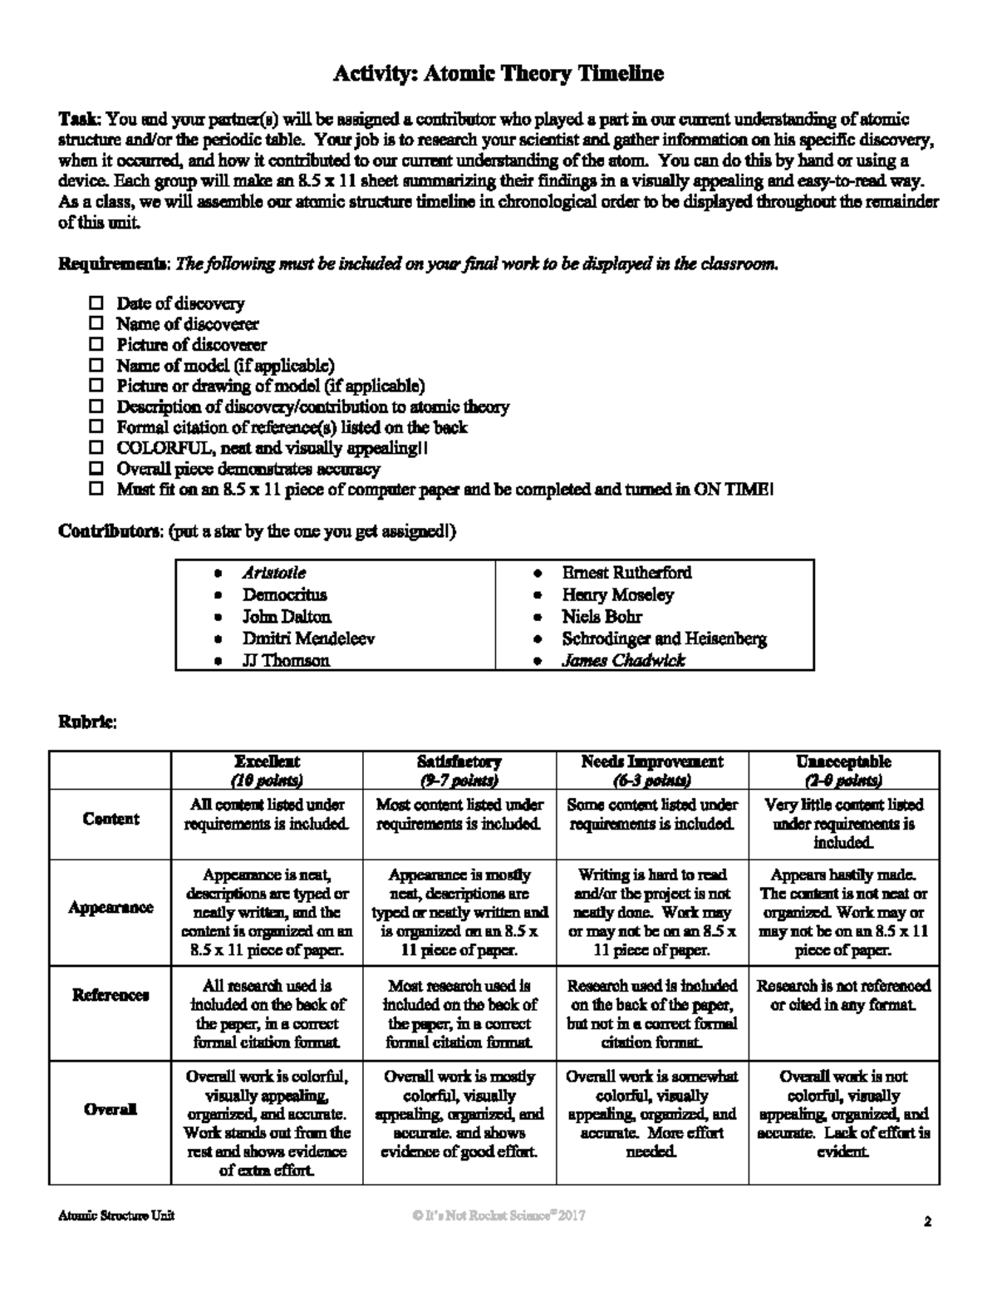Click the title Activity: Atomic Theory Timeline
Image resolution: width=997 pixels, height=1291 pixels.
point(498,74)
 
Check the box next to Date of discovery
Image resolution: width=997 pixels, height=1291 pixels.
point(96,303)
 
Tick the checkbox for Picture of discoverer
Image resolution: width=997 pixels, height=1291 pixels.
point(96,344)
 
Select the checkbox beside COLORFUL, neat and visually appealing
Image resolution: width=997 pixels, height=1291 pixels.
point(96,448)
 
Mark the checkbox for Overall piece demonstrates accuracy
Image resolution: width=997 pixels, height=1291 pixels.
point(96,469)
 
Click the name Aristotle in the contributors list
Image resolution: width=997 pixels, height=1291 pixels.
point(274,573)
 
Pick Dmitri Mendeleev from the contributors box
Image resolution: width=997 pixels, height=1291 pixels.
point(308,638)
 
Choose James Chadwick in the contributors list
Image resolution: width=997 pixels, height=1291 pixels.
point(623,660)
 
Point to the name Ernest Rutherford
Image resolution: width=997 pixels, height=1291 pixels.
point(626,573)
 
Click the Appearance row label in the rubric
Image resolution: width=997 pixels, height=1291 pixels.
point(111,908)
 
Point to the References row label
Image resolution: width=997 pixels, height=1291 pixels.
point(111,995)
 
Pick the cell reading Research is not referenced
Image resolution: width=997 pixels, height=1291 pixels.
point(843,995)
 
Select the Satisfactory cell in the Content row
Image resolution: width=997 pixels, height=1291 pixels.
point(459,815)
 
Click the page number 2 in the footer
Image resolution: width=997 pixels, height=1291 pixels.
point(927,1222)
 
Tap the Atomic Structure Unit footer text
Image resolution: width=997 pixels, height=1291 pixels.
point(116,1215)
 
